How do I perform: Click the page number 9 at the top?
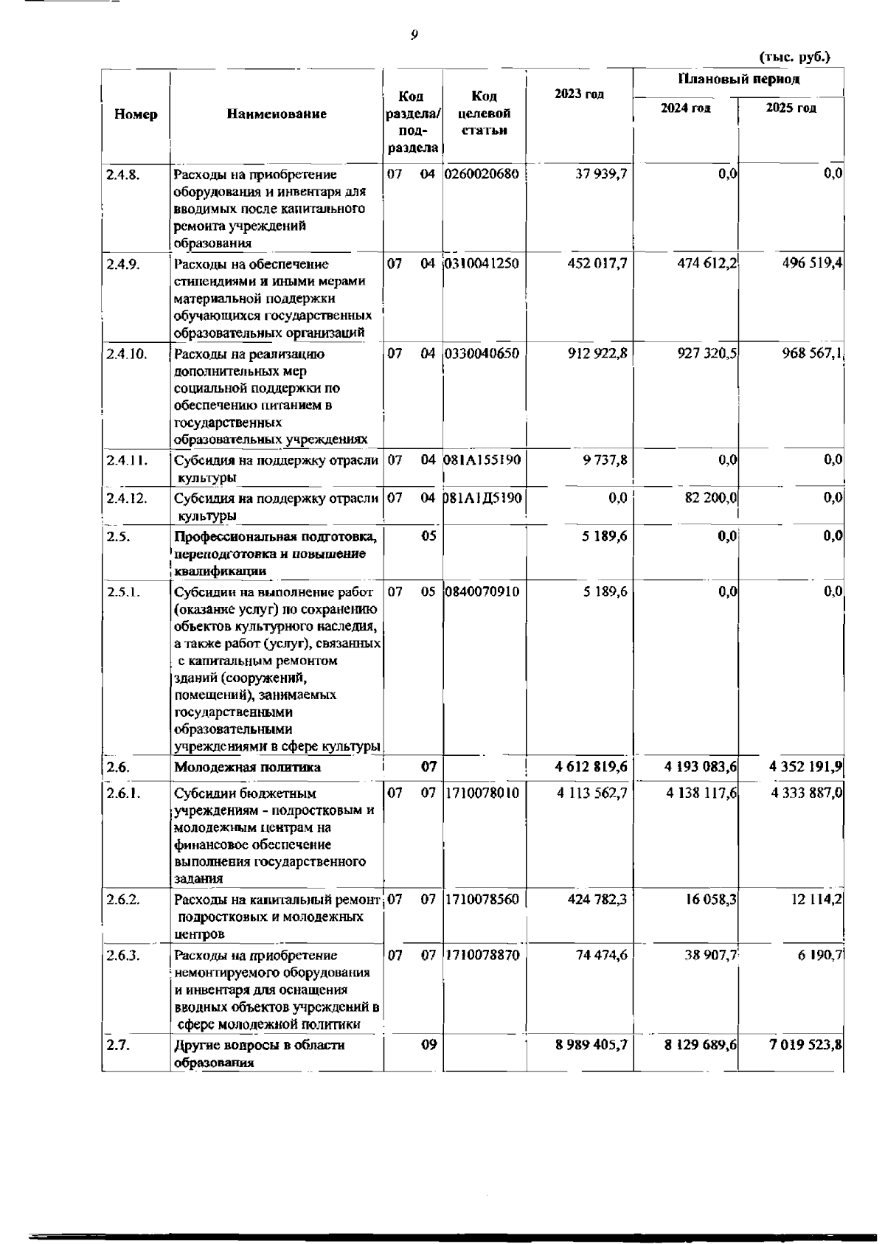pos(414,35)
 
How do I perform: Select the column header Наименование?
pos(277,114)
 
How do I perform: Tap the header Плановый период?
pos(738,79)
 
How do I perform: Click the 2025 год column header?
pos(791,108)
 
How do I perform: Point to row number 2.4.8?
pos(122,175)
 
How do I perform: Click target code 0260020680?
pos(482,174)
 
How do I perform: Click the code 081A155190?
pos(482,459)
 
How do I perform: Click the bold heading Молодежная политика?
pos(248,767)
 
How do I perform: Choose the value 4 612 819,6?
pos(591,767)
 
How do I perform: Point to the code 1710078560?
pos(482,900)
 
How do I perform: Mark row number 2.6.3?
pos(122,956)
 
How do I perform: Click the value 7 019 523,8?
pos(806,1045)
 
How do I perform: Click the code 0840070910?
pos(482,591)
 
